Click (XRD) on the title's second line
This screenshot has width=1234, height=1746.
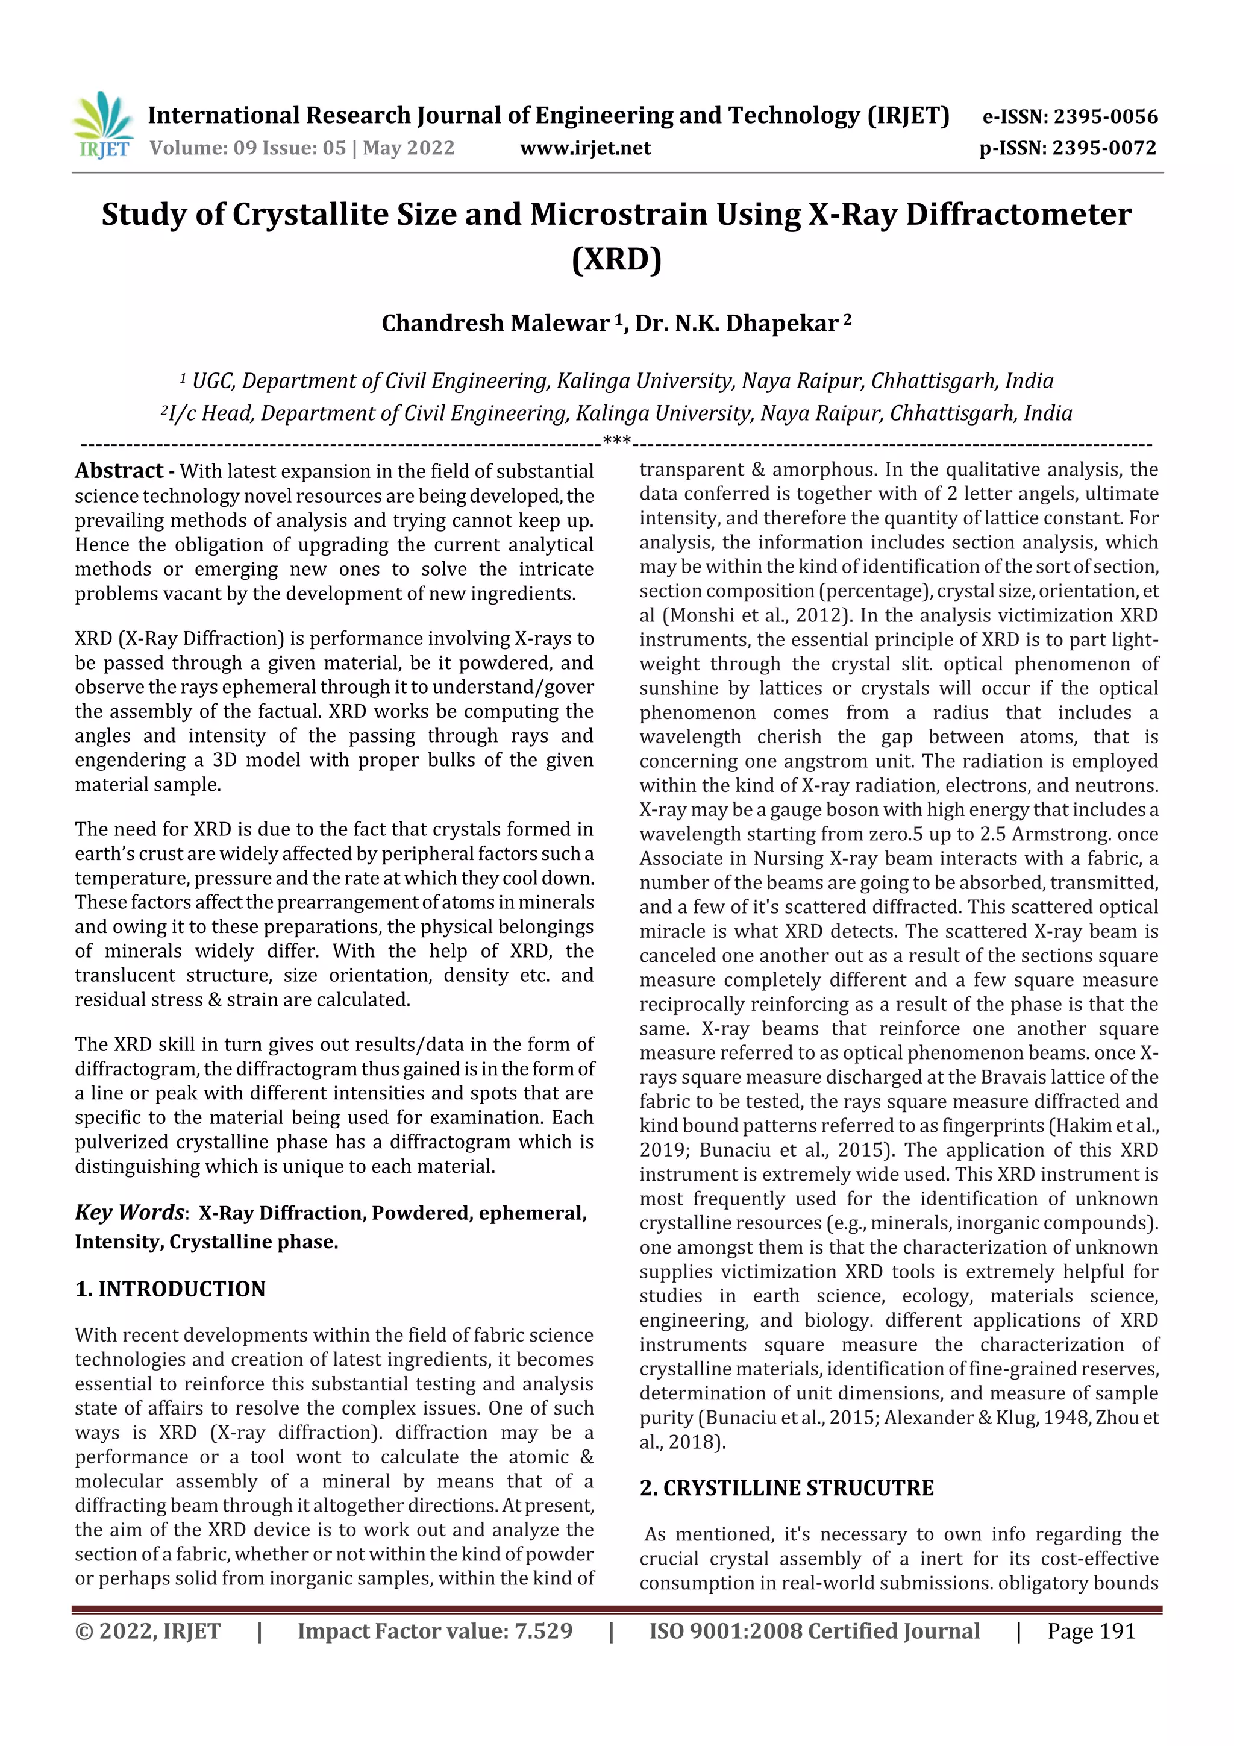[616, 259]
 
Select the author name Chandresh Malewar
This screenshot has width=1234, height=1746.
[495, 324]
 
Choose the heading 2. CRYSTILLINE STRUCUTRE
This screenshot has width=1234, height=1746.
[786, 1488]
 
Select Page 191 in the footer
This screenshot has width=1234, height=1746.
[1091, 1630]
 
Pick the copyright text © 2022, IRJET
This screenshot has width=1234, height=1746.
[148, 1630]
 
